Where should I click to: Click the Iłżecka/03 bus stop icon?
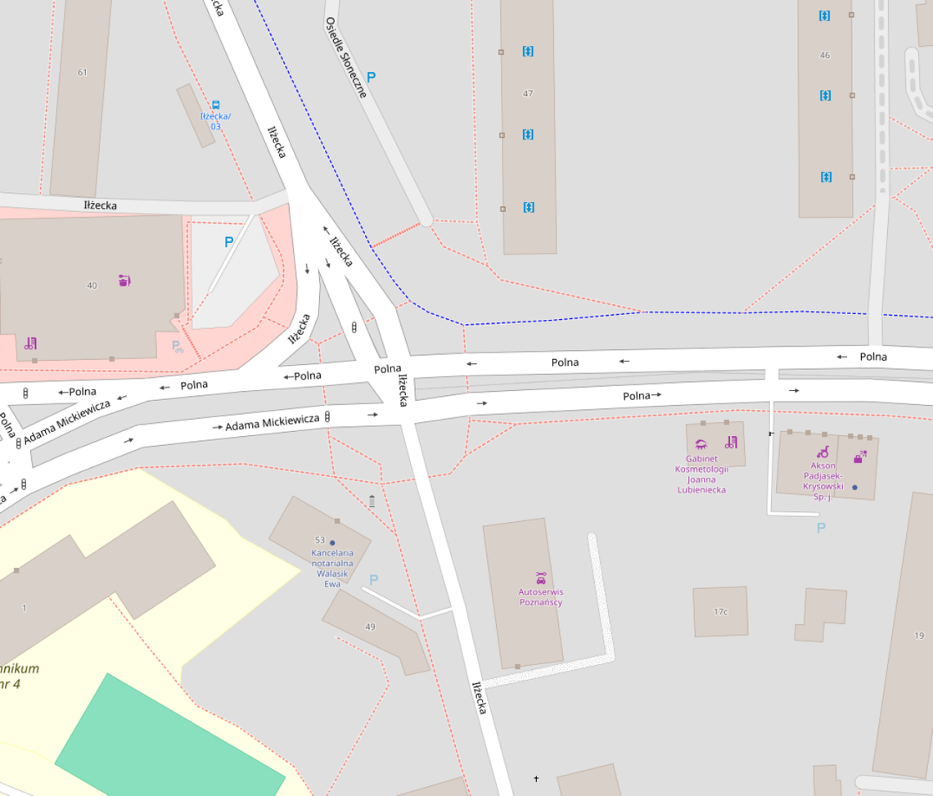coord(216,105)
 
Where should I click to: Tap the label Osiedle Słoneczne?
coord(345,57)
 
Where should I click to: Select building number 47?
coord(528,93)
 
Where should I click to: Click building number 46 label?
coord(824,56)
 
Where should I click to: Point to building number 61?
coord(82,72)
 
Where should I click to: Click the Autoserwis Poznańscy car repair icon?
coord(540,577)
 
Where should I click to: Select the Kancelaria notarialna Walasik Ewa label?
coord(332,568)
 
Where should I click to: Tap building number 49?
coord(370,627)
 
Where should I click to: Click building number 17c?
coord(720,611)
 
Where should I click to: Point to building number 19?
coord(919,635)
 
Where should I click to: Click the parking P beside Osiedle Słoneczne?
coord(371,78)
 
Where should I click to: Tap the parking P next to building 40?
coord(228,242)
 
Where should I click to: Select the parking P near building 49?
coord(373,579)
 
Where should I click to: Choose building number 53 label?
coord(320,540)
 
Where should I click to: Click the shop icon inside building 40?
coord(124,281)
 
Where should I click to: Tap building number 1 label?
coord(25,608)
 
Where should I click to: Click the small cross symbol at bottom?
coord(536,779)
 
